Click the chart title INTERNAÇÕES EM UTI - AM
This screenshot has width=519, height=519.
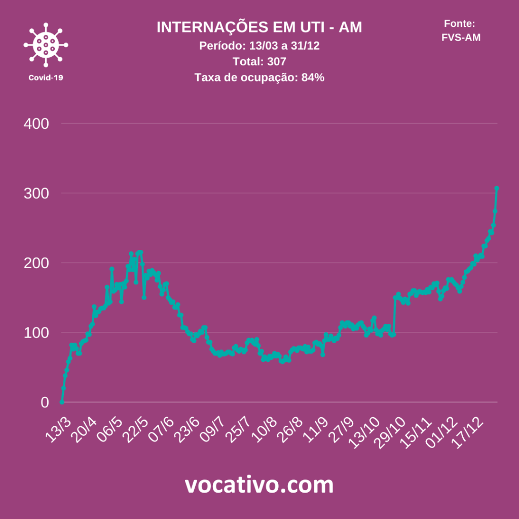click(x=259, y=27)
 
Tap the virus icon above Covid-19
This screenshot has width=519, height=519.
click(x=46, y=45)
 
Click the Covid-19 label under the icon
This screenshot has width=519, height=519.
click(x=46, y=78)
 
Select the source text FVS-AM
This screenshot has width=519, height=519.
click(x=461, y=37)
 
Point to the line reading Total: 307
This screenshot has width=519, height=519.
click(x=259, y=62)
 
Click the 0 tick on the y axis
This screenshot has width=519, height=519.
click(x=44, y=402)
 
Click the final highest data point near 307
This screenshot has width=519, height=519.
click(x=497, y=188)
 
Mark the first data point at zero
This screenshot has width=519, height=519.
click(x=62, y=402)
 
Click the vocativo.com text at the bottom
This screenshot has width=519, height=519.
click(x=259, y=485)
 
